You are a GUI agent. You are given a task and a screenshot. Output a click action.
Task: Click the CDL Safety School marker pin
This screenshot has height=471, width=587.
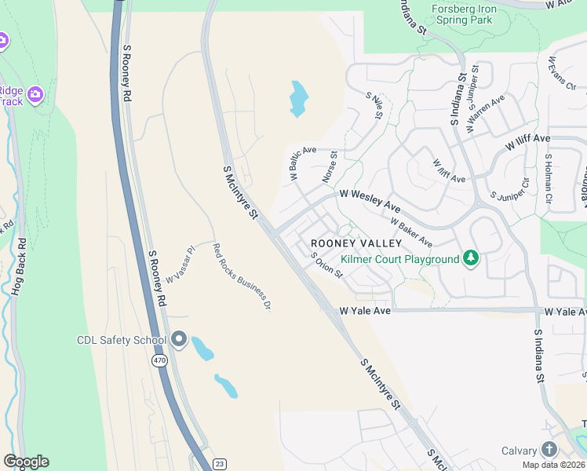pos(178,340)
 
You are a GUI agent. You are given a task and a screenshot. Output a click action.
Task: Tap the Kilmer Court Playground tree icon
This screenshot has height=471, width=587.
pos(471,258)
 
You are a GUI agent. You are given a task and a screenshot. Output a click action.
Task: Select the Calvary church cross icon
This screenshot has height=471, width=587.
pos(549,450)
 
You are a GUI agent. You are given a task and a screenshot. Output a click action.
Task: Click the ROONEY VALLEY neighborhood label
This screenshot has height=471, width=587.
pos(356,243)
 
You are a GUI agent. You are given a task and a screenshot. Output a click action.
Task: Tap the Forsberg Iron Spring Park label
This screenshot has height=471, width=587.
pos(464,14)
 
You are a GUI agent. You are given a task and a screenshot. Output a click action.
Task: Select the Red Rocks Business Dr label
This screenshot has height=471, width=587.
pos(242,276)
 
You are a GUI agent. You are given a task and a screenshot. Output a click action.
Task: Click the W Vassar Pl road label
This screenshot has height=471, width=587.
pos(180,265)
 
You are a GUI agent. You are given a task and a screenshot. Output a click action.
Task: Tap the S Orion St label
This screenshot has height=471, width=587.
pos(326,265)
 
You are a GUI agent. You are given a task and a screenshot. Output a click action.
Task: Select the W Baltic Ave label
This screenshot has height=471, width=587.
pos(303,163)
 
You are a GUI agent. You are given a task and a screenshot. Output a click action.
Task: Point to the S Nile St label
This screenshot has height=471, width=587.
pos(374,105)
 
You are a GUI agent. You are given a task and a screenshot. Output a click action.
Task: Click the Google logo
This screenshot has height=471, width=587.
pos(26,462)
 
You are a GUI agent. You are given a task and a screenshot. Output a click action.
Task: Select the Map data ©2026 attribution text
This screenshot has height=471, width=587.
pos(553,465)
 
